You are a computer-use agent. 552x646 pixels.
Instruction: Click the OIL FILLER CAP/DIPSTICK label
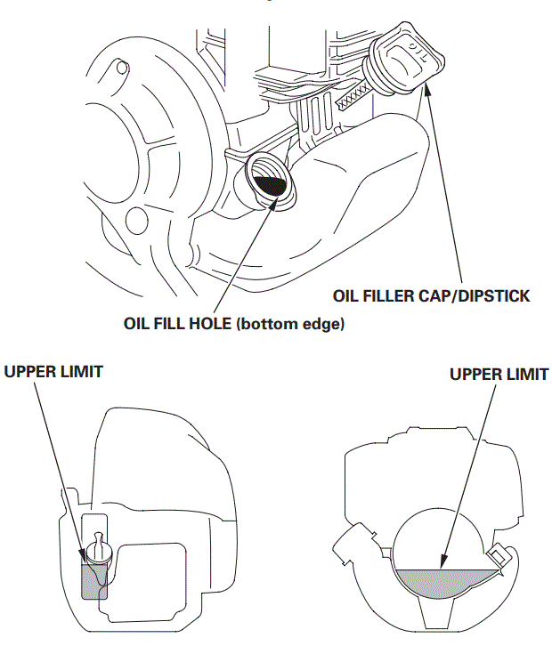point(431,295)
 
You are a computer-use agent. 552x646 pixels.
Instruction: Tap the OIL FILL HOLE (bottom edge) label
point(233,323)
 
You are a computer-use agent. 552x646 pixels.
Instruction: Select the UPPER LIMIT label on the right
point(499,375)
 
